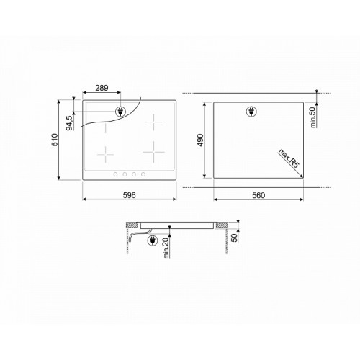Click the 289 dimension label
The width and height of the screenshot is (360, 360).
pos(102,88)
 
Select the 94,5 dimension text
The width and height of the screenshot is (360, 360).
pos(69,123)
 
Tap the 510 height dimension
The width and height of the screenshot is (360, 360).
pos(55,140)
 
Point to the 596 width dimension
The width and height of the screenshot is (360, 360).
pos(130,195)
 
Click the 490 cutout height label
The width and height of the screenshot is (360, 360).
pos(200,140)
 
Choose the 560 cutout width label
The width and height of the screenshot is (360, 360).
pos(258,195)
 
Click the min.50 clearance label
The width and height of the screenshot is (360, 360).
pos(312,117)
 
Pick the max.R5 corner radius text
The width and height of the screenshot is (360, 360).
pos(289,158)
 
